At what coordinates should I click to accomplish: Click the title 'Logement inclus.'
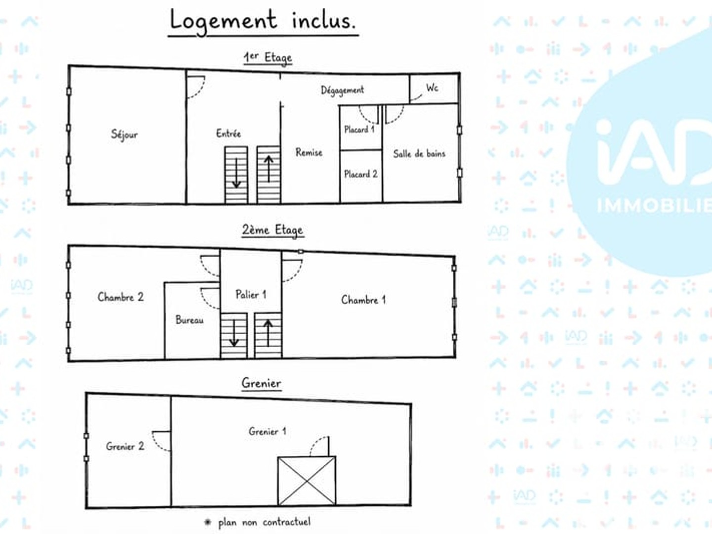(x=263, y=21)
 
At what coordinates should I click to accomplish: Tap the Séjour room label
(x=124, y=134)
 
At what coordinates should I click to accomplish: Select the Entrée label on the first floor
(x=228, y=133)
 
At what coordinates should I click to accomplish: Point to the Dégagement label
(x=342, y=90)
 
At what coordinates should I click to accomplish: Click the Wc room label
(x=432, y=88)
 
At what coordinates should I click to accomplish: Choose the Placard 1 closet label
(x=359, y=130)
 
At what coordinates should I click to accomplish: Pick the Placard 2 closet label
(x=361, y=174)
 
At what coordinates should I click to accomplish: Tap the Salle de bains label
(x=419, y=154)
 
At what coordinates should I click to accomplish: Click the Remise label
(x=309, y=152)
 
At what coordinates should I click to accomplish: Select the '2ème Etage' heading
(x=272, y=230)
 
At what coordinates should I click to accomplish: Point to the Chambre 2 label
(x=120, y=297)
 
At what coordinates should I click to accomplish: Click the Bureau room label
(x=189, y=320)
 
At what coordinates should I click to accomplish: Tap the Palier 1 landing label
(x=251, y=294)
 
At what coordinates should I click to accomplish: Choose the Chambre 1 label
(x=363, y=300)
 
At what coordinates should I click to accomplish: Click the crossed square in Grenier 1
(x=307, y=481)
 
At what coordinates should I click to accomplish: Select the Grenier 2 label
(x=125, y=446)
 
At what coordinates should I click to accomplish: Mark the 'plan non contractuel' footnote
(x=264, y=522)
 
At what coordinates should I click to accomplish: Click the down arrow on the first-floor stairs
(x=236, y=173)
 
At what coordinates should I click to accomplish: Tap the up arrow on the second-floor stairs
(x=267, y=333)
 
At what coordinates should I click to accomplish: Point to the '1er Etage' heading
(x=267, y=58)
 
